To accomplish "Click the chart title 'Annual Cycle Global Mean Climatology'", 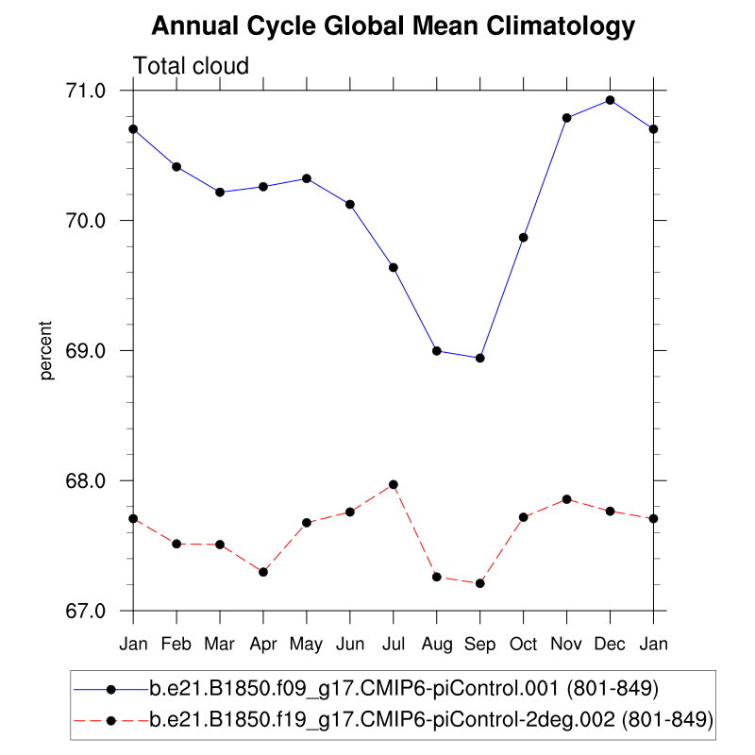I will [394, 26].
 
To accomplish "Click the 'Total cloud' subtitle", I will [191, 66].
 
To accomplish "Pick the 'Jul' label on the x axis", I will [394, 644].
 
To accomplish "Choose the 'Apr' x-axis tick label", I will [263, 644].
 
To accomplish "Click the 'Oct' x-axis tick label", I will [524, 644].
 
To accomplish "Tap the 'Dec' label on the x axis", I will [611, 644].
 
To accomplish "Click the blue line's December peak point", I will [611, 100].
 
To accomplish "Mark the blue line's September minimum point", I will [480, 359].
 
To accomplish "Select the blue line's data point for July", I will [394, 268].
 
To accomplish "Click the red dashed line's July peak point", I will [394, 485].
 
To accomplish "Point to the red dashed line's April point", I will [263, 572].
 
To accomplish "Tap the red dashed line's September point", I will [480, 583].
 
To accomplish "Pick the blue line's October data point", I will [524, 238].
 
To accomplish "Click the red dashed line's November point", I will [567, 499].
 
